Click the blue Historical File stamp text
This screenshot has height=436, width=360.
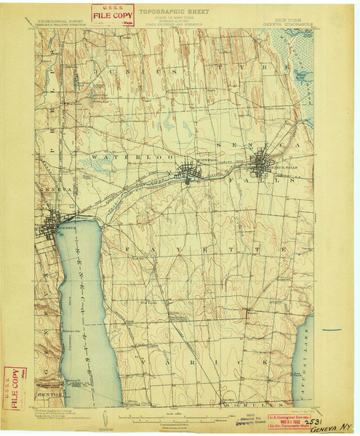(230, 419)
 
